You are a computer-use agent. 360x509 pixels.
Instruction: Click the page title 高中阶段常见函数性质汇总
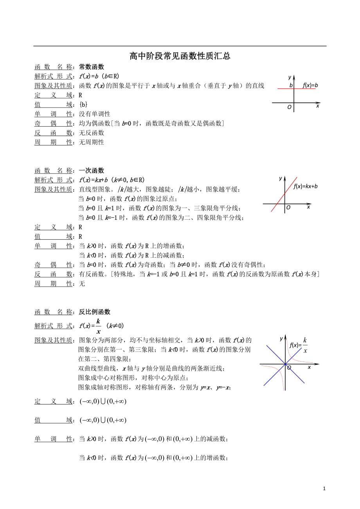pos(180,56)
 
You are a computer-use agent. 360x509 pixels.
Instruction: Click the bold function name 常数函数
pos(92,67)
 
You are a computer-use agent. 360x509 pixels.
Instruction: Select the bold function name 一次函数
pos(92,170)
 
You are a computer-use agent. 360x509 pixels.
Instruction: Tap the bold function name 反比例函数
pos(95,312)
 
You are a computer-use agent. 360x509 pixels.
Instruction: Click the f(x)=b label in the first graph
pos(310,85)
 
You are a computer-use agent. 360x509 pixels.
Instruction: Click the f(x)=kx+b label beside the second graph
pos(306,186)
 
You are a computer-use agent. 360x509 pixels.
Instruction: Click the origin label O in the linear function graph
pos(288,208)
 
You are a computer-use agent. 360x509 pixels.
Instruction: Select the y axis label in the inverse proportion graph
pos(281,338)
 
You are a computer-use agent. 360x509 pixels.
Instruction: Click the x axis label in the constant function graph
pos(317,106)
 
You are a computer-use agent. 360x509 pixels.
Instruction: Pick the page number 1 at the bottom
pos(324,488)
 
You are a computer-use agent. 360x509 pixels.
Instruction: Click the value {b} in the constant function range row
pos(83,104)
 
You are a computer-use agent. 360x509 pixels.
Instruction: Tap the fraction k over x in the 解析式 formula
pos(98,326)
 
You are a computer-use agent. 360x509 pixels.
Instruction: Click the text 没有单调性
pos(95,114)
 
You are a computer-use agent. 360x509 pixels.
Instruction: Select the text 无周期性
pos(92,142)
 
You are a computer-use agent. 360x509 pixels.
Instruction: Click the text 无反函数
pos(92,133)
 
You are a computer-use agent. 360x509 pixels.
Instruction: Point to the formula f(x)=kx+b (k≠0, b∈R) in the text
pos(112,180)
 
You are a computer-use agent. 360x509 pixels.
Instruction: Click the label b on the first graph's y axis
pos(291,85)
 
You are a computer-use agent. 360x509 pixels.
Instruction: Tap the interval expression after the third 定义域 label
pos(103,401)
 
